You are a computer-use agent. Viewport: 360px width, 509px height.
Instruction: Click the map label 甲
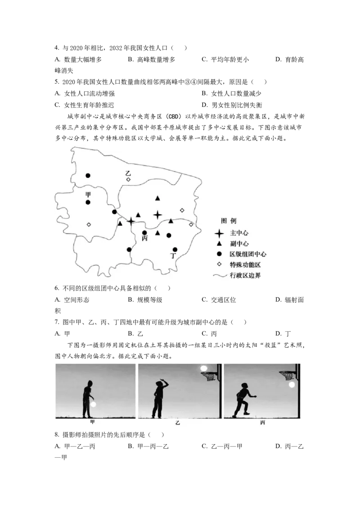[x=88, y=194]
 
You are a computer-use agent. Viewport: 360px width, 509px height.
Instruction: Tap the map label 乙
[x=128, y=174]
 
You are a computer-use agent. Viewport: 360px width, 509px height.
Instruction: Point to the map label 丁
[x=173, y=256]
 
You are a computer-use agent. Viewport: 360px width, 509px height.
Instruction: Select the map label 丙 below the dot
[x=144, y=238]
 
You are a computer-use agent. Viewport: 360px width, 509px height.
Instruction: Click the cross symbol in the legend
[x=219, y=233]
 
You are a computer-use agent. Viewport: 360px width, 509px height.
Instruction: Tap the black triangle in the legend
[x=219, y=243]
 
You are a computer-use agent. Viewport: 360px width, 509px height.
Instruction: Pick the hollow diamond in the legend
[x=219, y=264]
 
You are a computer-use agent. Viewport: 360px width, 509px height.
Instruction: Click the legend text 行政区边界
[x=245, y=275]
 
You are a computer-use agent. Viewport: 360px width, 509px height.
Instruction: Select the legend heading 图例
[x=229, y=221]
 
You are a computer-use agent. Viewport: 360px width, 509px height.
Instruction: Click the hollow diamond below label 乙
[x=128, y=179]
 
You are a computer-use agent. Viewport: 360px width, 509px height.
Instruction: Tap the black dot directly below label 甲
[x=88, y=202]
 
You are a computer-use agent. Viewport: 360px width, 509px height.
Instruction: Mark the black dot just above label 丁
[x=175, y=249]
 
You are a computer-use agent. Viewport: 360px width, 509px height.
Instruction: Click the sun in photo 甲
[x=94, y=404]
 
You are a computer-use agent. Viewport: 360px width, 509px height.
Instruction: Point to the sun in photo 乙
[x=204, y=368]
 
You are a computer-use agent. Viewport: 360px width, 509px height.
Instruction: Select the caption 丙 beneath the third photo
[x=262, y=422]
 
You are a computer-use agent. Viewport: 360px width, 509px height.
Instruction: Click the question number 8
[x=57, y=435]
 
